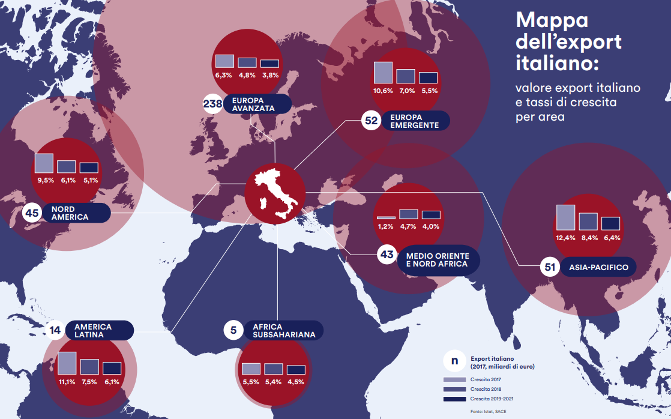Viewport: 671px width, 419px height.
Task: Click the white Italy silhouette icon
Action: coord(275,193)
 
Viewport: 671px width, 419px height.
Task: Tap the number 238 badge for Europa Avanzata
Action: coord(213,104)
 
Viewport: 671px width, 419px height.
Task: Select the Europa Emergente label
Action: coord(414,121)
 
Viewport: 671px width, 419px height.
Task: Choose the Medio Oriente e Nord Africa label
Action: coord(438,260)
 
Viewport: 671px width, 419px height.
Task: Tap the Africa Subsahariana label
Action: coord(284,331)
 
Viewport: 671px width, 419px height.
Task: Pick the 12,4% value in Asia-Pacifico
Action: coord(565,238)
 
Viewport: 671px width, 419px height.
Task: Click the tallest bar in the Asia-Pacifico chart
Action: coord(565,217)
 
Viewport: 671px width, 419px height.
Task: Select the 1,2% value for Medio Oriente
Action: coord(386,226)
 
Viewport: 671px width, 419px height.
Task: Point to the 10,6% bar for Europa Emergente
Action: coord(383,72)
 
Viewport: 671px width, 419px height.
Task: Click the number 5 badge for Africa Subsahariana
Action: coord(233,330)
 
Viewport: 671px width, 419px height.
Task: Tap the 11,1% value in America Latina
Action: coord(67,382)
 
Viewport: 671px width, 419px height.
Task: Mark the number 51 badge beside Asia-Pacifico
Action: coord(549,268)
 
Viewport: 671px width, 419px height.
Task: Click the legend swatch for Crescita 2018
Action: coord(454,389)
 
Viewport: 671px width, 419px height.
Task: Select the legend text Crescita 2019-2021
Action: coord(492,399)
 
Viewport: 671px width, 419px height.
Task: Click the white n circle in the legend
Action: coord(454,361)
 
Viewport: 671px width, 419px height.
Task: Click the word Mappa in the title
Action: coord(552,20)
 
